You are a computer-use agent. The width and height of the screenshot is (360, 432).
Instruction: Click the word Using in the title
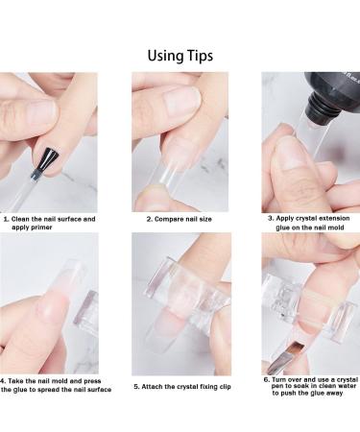tap(162, 56)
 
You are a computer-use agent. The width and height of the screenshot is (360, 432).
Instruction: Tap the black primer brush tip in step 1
tap(47, 161)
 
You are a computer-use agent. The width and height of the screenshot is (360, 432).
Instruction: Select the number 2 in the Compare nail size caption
tap(149, 219)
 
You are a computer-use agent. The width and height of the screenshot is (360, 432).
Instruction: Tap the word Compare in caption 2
tap(167, 220)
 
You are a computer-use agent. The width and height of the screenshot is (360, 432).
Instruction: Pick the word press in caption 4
tap(92, 381)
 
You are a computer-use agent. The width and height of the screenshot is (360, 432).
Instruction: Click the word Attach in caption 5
tap(152, 387)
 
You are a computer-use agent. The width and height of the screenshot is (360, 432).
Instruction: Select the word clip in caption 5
tap(225, 387)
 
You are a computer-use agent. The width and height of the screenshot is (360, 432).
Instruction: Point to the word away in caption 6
tap(334, 394)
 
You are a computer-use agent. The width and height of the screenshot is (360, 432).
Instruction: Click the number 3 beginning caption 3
tap(271, 219)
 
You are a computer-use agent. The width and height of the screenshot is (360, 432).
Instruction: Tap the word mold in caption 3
tap(336, 228)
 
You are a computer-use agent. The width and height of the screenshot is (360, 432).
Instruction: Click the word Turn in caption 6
tap(279, 379)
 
